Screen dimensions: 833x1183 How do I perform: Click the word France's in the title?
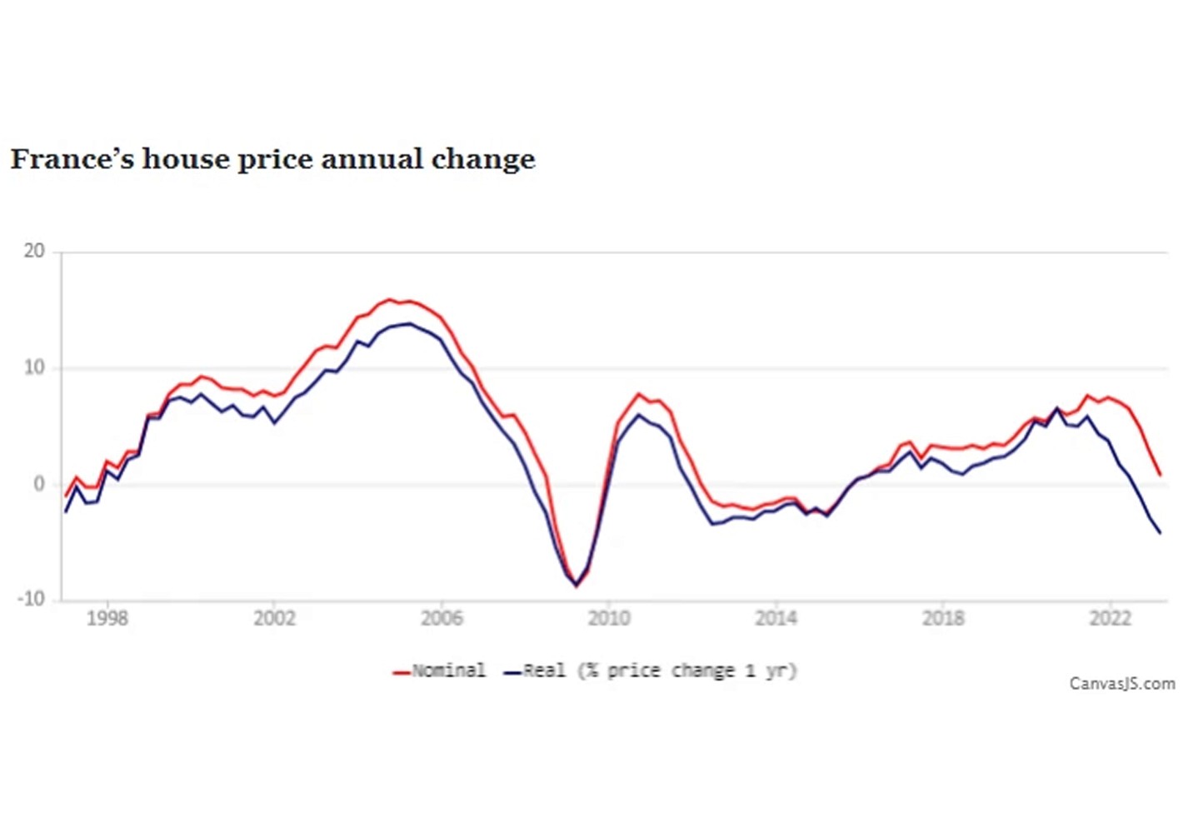click(72, 158)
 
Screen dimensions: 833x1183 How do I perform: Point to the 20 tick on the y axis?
click(34, 252)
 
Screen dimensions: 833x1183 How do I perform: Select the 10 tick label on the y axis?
click(34, 368)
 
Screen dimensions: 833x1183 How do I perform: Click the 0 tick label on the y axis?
click(39, 484)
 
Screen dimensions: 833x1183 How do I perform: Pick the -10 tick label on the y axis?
click(32, 600)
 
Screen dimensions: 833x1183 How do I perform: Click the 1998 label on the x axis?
click(107, 618)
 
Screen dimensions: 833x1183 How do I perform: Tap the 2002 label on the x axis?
click(274, 618)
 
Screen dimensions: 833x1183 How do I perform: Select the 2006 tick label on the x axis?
click(442, 618)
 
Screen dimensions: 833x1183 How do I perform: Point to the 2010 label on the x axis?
click(609, 618)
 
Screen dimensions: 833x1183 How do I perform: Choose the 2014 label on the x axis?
click(776, 618)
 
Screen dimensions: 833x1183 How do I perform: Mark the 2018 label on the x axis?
click(943, 618)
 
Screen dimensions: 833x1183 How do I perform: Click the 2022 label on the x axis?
click(1111, 618)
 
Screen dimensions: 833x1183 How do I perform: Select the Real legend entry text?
click(544, 671)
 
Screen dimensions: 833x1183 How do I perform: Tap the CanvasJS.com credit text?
click(1122, 684)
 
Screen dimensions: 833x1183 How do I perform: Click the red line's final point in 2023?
click(1160, 475)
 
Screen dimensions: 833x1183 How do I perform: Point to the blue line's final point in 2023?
click(1160, 533)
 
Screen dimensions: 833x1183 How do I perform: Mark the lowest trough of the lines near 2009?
click(576, 586)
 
